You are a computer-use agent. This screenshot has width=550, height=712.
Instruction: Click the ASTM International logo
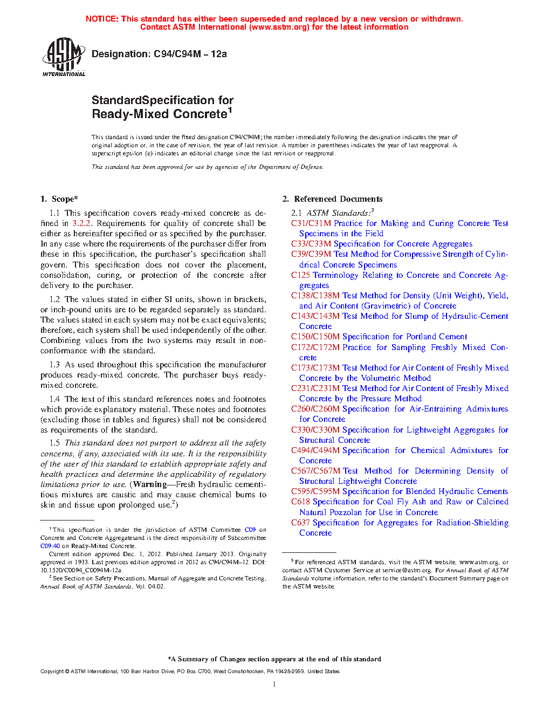pos(64,57)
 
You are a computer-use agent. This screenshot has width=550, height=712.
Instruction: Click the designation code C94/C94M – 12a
pos(190,54)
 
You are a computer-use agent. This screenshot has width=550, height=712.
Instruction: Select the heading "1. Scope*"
pos(59,199)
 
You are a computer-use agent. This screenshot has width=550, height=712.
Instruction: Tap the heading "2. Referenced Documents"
pos(333,199)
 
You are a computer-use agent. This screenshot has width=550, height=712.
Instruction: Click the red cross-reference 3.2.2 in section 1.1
pos(81,223)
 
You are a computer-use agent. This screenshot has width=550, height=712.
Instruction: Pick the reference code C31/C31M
pos(311,223)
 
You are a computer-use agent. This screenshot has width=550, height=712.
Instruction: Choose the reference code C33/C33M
pos(311,244)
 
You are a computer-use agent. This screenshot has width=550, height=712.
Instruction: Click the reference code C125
pos(300,275)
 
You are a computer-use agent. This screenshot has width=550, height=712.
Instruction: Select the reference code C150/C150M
pos(315,337)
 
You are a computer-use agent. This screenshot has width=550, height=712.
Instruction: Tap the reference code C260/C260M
pos(315,409)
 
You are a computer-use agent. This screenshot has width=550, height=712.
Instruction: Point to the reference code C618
pos(300,502)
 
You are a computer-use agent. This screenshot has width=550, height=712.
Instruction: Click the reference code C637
pos(300,523)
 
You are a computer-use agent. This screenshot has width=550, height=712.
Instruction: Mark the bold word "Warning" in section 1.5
pos(150,484)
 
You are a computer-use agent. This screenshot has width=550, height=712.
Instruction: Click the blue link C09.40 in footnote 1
pos(50,546)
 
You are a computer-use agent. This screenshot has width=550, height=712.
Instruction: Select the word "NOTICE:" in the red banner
pos(102,19)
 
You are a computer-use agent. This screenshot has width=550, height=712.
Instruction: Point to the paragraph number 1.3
pos(54,365)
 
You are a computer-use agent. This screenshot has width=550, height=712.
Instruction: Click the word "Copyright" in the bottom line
pos(52,672)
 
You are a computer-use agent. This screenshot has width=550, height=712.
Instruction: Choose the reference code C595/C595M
pos(315,491)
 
